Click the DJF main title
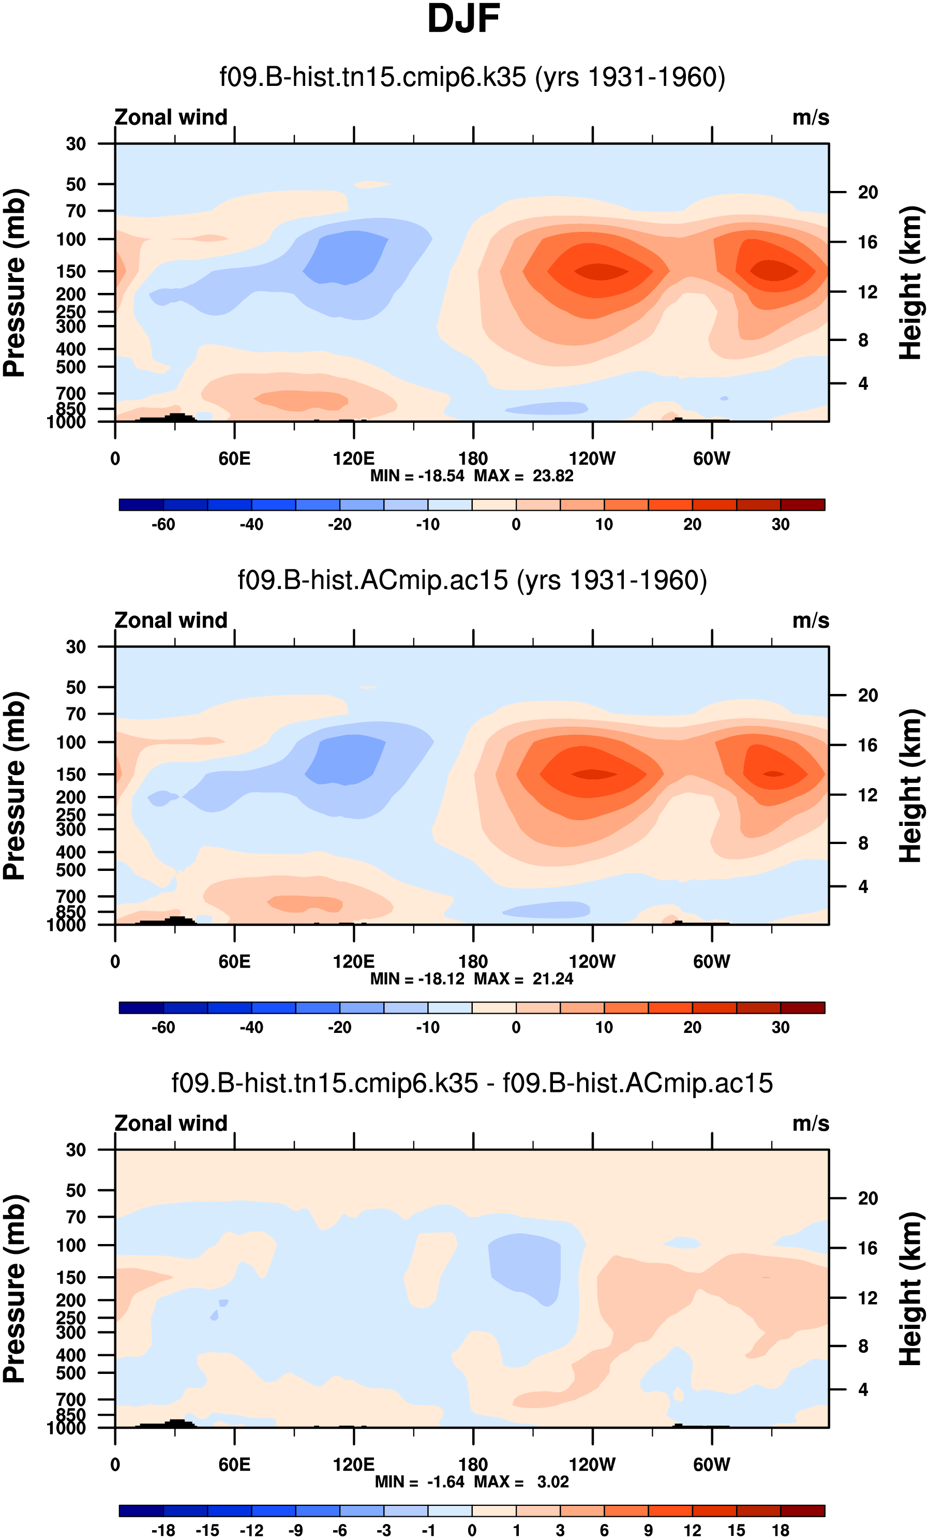463,19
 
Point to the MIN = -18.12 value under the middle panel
417,979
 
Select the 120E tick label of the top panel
353,458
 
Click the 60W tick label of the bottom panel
711,1464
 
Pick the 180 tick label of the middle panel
473,961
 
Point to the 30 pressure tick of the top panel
76,144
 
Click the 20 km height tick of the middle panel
867,695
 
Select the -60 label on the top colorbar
163,525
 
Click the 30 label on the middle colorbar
781,1027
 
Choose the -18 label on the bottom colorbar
163,1530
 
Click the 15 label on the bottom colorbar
736,1530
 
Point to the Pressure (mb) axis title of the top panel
15,283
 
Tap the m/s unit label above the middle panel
811,621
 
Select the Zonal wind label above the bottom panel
171,1123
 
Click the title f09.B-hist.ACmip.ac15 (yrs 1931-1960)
472,580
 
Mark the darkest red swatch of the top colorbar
802,505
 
